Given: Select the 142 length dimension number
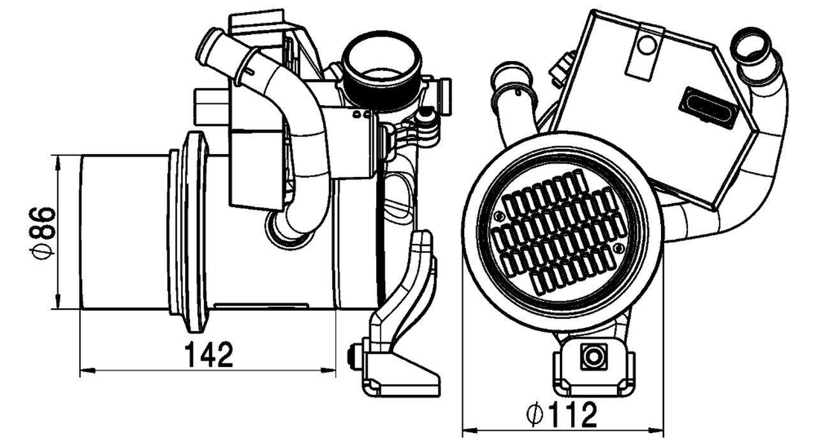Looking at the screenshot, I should coord(209,355).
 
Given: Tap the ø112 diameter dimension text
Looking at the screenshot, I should coord(562,415).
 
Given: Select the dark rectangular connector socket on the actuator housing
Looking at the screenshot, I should coord(708,107).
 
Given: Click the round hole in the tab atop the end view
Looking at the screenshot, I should coord(646,45).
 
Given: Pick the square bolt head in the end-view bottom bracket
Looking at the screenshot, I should coord(594,356).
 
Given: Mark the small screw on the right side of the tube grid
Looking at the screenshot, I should coord(618,248).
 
